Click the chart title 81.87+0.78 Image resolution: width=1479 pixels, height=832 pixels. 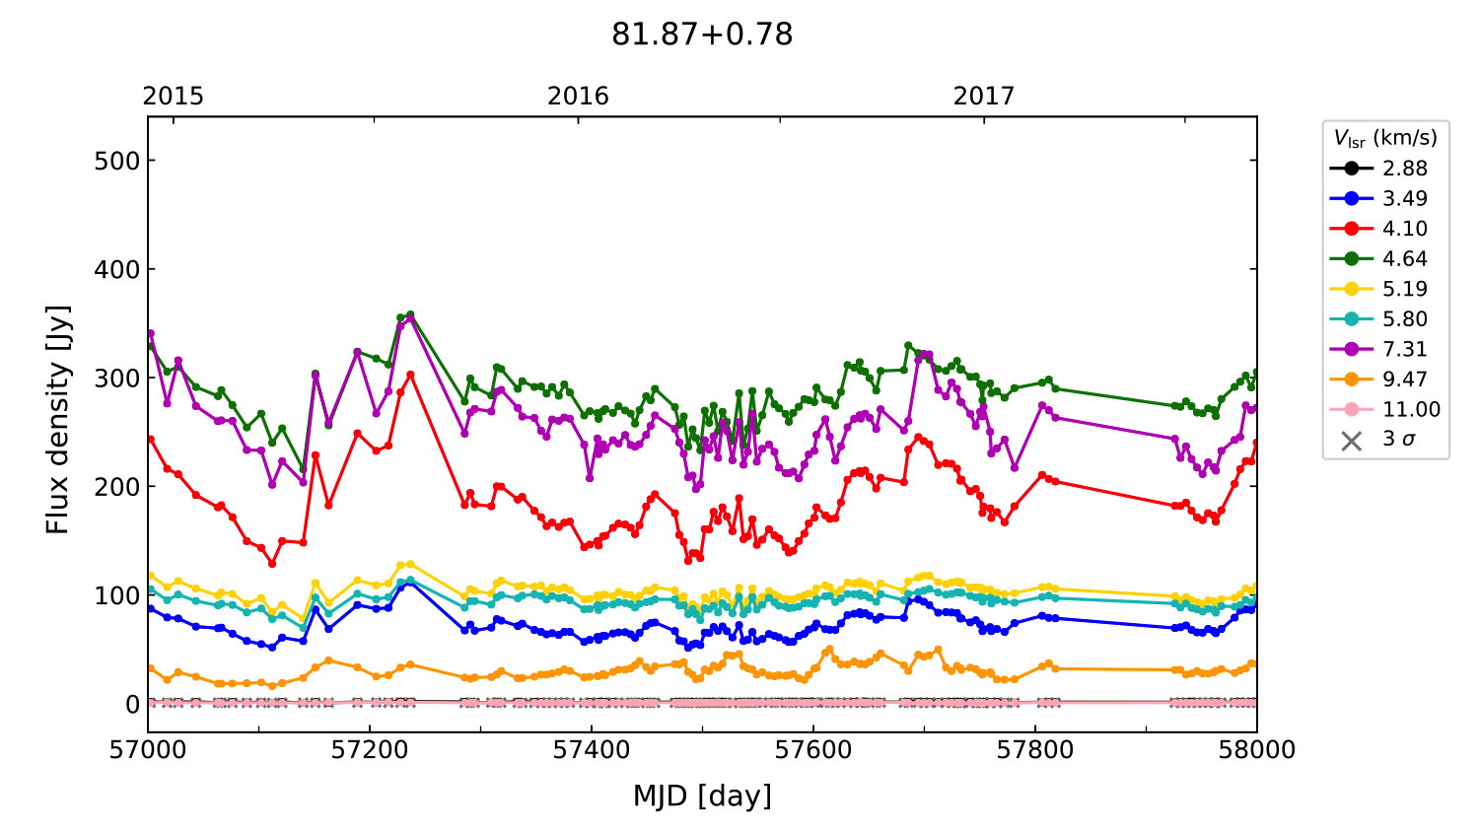coord(702,35)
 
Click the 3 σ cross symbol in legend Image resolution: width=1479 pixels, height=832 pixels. coord(1352,440)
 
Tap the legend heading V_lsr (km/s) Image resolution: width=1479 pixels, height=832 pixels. coord(1385,138)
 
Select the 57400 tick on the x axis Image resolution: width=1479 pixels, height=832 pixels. coord(592,750)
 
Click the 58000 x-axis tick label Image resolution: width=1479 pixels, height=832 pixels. coord(1256,750)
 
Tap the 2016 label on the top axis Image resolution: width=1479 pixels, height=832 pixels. coord(578,96)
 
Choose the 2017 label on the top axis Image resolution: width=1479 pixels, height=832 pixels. coord(983,96)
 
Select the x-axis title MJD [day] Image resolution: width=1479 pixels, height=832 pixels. coord(702,796)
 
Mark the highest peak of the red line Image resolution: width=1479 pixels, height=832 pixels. coord(411,375)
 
